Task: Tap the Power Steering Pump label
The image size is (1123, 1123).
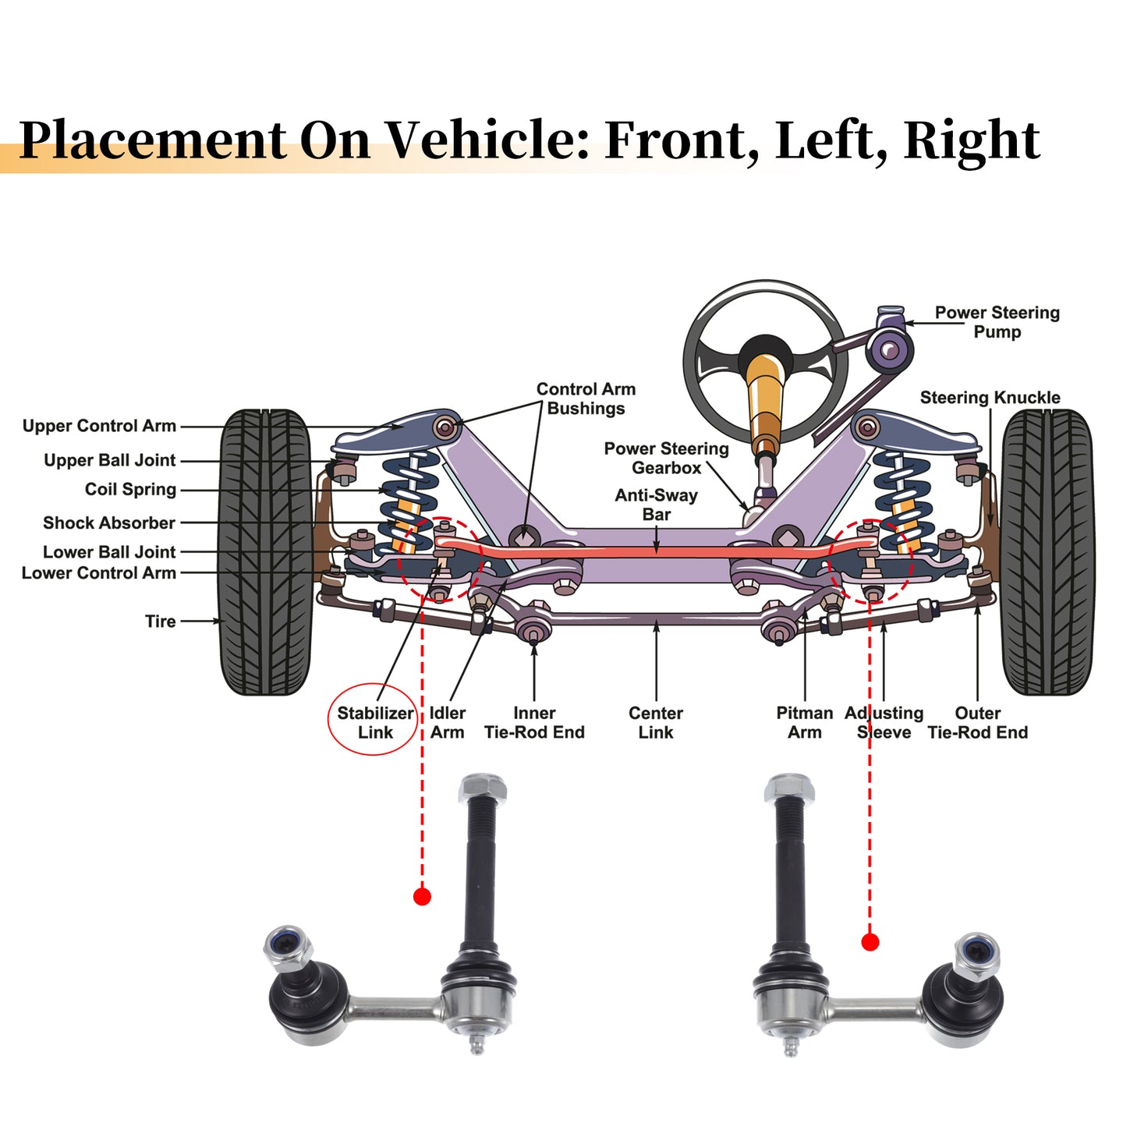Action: click(997, 322)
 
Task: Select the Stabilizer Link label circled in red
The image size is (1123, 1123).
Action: click(375, 723)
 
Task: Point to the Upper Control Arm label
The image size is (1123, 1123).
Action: click(99, 426)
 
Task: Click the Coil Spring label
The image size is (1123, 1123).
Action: click(130, 489)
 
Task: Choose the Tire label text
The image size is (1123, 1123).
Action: click(161, 622)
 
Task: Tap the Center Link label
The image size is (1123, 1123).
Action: click(656, 723)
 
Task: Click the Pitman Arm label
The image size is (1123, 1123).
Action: click(804, 723)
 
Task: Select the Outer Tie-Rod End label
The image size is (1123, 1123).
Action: click(977, 723)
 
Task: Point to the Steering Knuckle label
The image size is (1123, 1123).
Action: click(990, 398)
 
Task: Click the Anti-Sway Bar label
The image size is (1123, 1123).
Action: click(656, 505)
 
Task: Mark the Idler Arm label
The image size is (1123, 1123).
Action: click(447, 723)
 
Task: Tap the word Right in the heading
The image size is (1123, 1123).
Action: click(972, 141)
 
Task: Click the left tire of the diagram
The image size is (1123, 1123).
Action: click(265, 552)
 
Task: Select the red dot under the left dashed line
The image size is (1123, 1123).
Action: click(422, 896)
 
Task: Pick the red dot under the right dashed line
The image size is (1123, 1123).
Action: click(870, 942)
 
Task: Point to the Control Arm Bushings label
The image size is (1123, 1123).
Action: click(585, 399)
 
